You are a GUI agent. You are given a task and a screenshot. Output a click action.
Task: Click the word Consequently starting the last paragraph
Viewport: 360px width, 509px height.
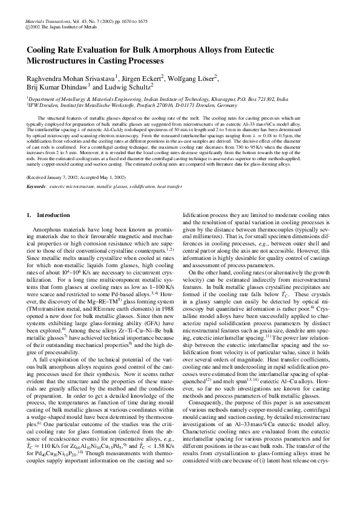click(207, 421)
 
